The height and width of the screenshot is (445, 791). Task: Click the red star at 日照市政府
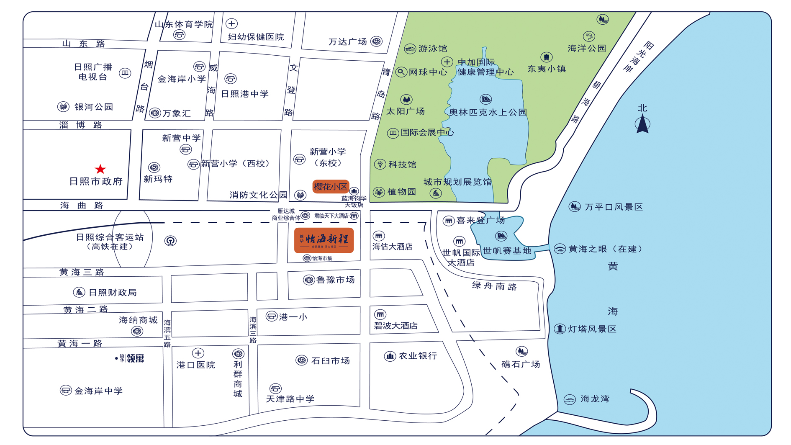(100, 169)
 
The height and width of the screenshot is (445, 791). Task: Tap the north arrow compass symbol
(642, 124)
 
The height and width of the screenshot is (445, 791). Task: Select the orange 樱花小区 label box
(331, 186)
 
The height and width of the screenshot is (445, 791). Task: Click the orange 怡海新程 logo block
(324, 240)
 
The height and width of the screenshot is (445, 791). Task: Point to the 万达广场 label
(347, 42)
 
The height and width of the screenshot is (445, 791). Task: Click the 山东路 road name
(83, 44)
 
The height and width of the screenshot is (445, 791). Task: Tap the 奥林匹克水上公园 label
(488, 112)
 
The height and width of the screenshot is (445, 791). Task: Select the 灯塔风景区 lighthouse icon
(560, 329)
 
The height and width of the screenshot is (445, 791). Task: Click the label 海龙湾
(595, 399)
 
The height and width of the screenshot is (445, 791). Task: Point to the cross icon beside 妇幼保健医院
(231, 23)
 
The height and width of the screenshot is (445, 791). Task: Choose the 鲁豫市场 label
(335, 280)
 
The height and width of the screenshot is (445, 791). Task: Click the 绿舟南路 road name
(494, 286)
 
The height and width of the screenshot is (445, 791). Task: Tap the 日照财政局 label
(112, 292)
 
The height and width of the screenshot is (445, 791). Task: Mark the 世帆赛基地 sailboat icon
(501, 236)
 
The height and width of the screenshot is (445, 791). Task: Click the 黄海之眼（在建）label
(605, 249)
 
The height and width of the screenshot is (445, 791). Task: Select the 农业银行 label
(418, 356)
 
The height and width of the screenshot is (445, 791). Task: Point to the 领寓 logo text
(135, 358)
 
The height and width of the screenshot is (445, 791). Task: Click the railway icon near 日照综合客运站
(170, 241)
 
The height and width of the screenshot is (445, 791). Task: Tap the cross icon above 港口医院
(198, 353)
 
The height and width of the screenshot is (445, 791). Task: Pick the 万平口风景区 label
(614, 207)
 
